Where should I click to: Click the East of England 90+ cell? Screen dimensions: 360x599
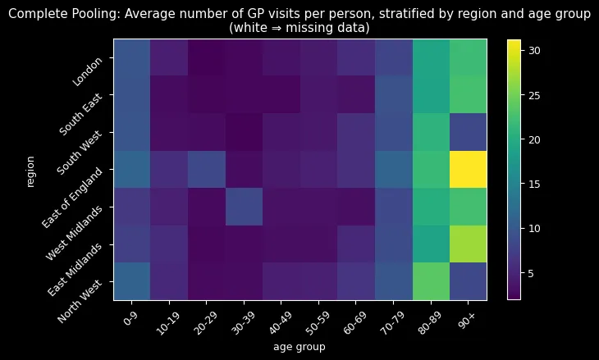point(467,169)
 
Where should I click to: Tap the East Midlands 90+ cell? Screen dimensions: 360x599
point(467,244)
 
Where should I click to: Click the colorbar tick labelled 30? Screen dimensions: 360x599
point(534,50)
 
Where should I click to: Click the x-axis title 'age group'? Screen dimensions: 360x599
point(299,347)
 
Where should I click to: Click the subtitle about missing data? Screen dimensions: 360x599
point(299,27)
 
